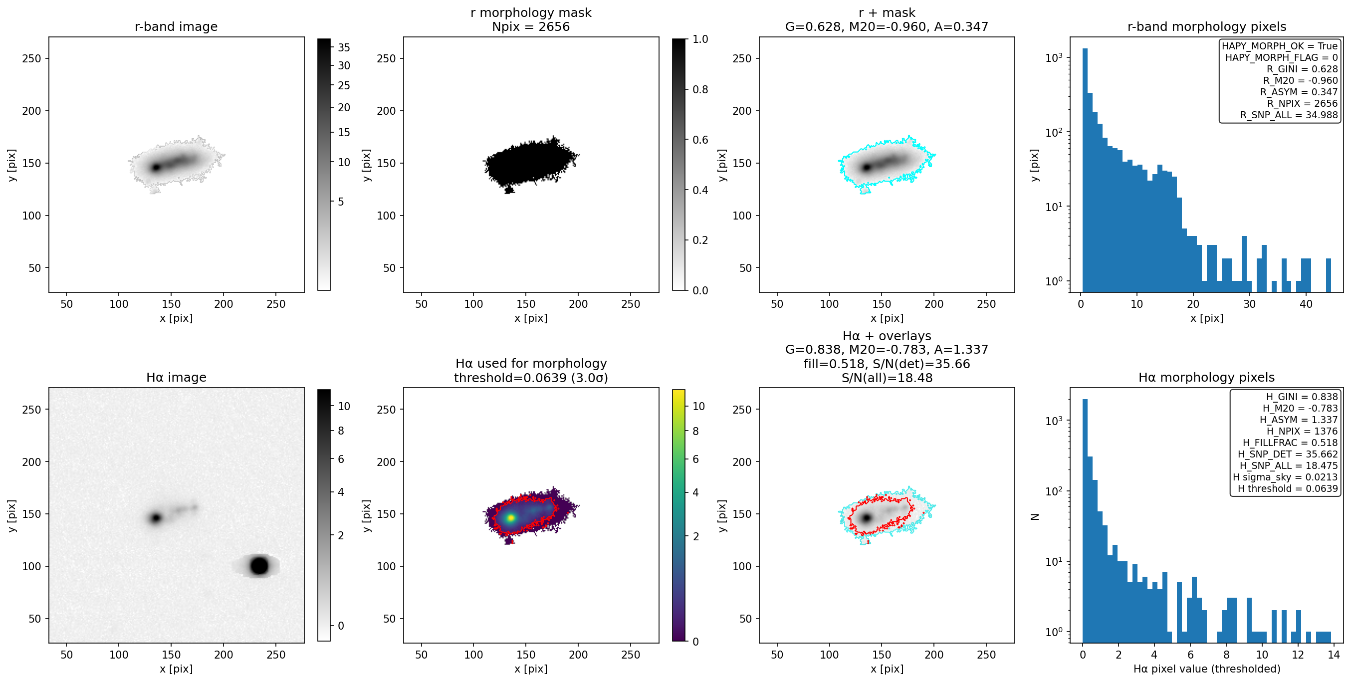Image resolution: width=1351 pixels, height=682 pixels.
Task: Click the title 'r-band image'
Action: [176, 27]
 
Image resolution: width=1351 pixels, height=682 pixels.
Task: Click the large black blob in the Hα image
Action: [259, 566]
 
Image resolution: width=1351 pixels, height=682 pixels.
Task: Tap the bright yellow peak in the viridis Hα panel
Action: [510, 518]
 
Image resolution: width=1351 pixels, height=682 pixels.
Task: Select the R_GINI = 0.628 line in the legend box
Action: [1302, 69]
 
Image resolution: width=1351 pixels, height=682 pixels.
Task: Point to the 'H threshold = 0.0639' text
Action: [1288, 489]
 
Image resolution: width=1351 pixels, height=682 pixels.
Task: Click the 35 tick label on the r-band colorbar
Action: [344, 48]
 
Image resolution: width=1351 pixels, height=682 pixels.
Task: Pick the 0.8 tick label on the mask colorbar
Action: [700, 90]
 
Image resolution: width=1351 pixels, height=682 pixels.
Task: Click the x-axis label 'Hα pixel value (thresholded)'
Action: [1206, 669]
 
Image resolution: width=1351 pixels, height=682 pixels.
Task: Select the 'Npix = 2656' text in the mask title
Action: [531, 27]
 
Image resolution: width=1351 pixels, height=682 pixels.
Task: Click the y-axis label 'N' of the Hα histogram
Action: [1035, 516]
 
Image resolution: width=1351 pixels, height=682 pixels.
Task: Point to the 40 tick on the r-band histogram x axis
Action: [1306, 304]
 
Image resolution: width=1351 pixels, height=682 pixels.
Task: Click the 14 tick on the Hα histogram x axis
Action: [1334, 655]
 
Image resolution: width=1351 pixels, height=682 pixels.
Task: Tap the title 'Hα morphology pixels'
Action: [1206, 377]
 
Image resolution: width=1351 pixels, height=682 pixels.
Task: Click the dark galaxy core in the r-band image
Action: [156, 167]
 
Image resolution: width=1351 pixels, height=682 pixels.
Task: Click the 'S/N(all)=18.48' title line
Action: [887, 378]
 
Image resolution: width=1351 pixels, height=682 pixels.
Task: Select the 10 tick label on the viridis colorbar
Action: [698, 407]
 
